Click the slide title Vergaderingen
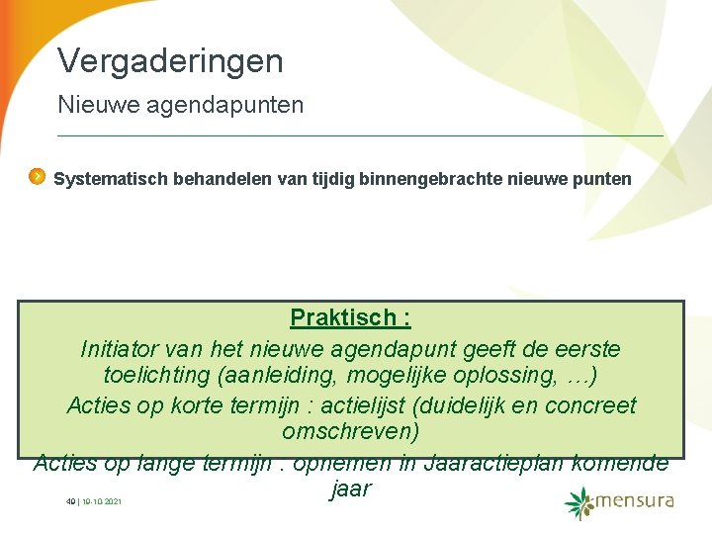point(170,61)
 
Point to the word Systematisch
point(111,180)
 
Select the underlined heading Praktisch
point(350,318)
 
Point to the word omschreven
point(350,433)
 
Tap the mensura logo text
point(636,500)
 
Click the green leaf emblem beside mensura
point(579,502)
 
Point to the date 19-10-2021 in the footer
point(102,502)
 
